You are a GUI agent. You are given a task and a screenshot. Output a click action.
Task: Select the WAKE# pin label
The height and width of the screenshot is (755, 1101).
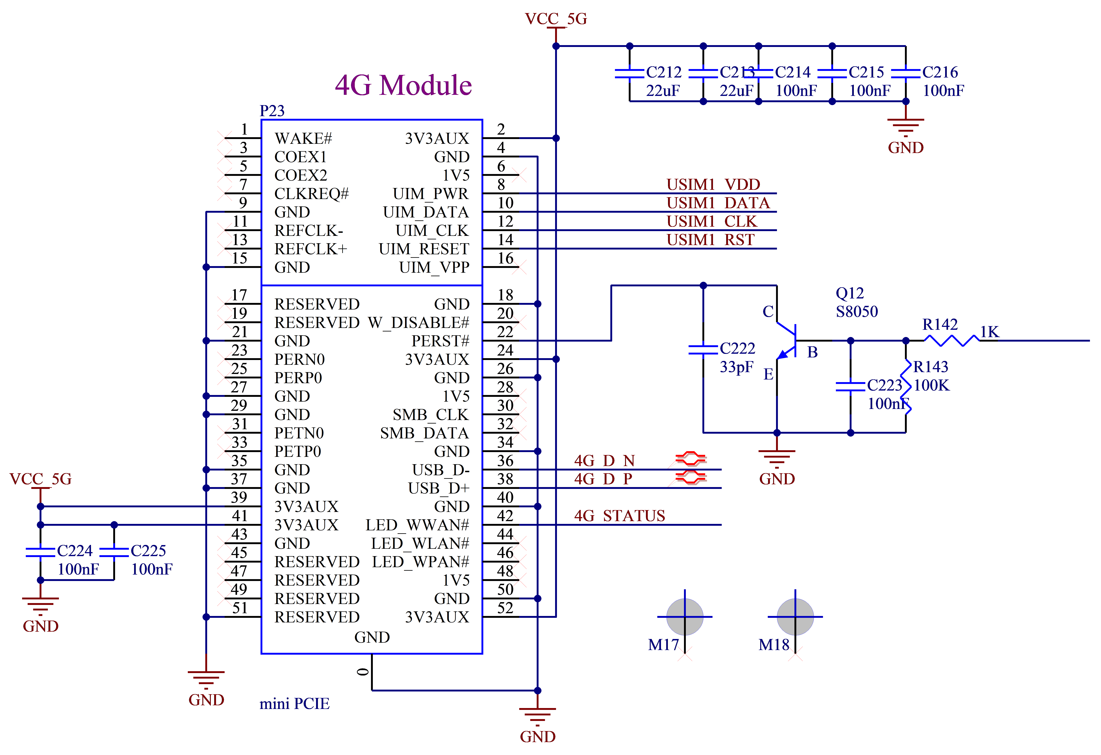303,138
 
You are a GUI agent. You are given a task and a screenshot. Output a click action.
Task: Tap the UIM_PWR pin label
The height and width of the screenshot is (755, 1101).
430,194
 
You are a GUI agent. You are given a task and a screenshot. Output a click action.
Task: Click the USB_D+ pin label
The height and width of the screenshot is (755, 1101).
438,488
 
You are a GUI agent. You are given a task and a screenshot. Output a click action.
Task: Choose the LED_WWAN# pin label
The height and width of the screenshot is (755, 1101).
417,525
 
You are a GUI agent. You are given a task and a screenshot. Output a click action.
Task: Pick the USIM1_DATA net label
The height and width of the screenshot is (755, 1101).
718,203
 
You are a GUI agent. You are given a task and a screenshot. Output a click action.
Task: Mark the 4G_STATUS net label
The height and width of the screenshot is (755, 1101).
620,516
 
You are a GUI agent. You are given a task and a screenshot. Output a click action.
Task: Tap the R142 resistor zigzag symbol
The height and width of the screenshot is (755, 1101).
951,340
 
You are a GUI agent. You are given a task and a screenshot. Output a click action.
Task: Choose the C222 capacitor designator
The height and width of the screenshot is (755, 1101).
737,348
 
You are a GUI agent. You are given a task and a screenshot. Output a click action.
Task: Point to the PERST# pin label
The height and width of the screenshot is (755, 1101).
440,341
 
